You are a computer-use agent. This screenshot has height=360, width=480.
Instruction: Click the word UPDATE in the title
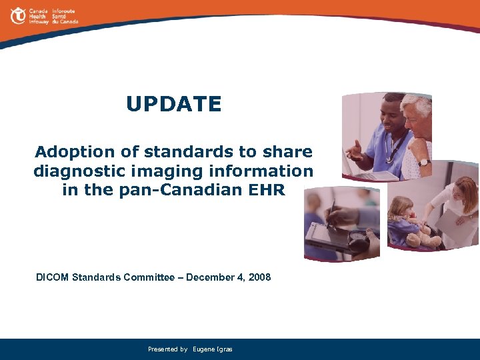(173, 104)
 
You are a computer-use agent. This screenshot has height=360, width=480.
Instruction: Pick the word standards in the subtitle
(191, 151)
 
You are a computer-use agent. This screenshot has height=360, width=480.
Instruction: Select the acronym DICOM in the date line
(53, 277)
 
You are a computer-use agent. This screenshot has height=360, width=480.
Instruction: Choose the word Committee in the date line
(149, 277)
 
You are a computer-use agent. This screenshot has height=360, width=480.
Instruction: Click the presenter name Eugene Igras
(212, 349)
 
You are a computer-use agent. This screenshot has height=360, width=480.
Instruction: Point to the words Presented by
(167, 349)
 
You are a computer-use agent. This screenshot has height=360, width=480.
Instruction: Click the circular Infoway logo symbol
(17, 15)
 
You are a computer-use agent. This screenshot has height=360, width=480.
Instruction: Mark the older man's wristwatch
(423, 161)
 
